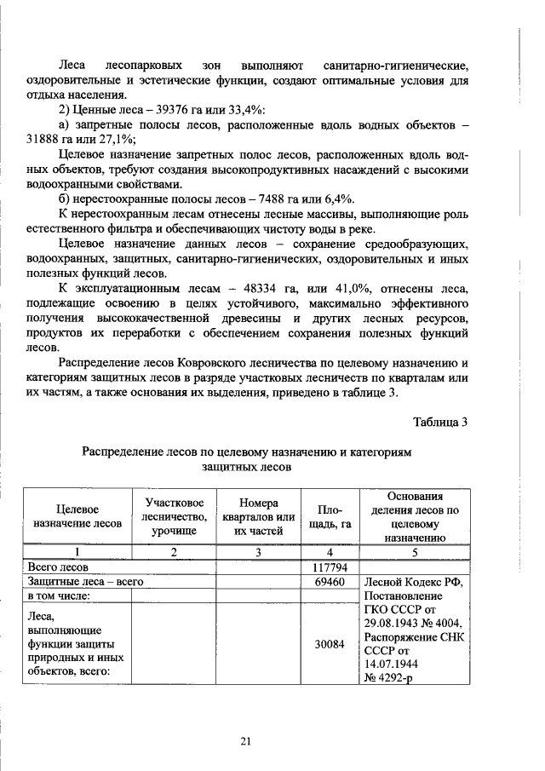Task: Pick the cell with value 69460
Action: point(329,582)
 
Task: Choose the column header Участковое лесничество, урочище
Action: point(174,515)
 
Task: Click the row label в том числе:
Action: point(63,596)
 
